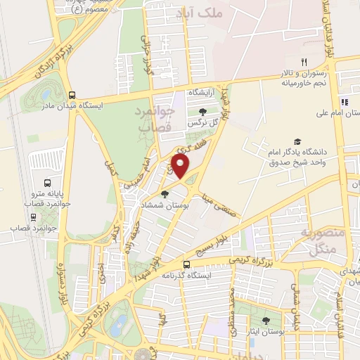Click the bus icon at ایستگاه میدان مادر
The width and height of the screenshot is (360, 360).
click(72, 95)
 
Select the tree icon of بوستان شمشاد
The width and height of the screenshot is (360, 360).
click(165, 194)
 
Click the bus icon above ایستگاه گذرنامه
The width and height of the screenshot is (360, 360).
click(186, 265)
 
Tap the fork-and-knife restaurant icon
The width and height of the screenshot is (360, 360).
click(304, 62)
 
